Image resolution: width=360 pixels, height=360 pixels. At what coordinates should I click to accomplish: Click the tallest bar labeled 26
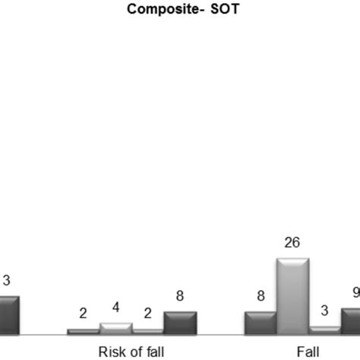(292, 296)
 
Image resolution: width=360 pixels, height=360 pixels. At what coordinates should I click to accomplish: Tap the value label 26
(292, 243)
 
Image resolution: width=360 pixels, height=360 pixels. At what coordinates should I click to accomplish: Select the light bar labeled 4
(115, 328)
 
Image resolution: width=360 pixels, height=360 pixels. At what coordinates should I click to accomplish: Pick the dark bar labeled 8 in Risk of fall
(180, 323)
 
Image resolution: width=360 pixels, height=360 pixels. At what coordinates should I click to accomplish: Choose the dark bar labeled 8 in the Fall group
(261, 323)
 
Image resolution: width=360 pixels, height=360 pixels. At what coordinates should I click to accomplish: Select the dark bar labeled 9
(351, 321)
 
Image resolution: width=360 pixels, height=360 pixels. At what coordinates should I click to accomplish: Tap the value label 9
(355, 292)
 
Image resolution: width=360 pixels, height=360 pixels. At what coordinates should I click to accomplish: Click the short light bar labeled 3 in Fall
(325, 330)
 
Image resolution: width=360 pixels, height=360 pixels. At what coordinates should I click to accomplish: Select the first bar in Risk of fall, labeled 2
(83, 331)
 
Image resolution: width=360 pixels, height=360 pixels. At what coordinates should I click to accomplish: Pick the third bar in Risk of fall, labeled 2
(148, 331)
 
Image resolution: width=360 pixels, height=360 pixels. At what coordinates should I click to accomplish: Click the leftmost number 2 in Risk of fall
(83, 314)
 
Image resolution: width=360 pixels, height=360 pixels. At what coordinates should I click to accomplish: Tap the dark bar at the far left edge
(8, 314)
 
